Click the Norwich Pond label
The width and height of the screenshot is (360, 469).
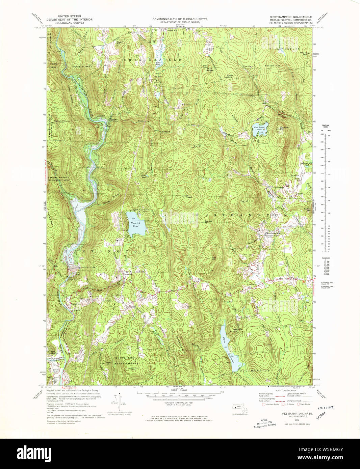click(135, 224)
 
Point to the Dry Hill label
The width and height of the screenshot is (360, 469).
click(197, 146)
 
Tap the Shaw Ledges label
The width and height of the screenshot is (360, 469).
click(209, 69)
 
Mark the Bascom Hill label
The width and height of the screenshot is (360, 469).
click(272, 65)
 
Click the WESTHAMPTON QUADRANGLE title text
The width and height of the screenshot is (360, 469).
click(290, 17)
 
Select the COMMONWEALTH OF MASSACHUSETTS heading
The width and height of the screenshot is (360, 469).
click(180, 19)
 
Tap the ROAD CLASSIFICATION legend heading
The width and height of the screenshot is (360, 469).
click(286, 390)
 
